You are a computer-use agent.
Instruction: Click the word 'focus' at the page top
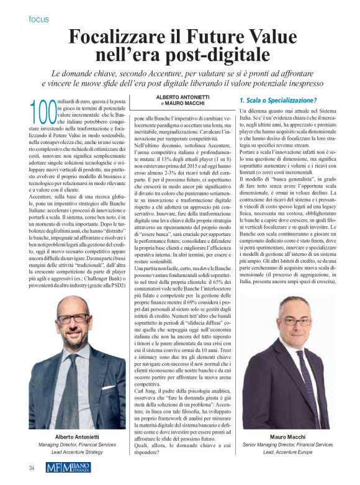38,19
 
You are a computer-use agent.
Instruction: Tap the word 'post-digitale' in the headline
214,57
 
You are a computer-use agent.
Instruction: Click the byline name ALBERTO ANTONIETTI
182,98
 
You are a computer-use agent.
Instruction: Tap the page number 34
30,467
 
